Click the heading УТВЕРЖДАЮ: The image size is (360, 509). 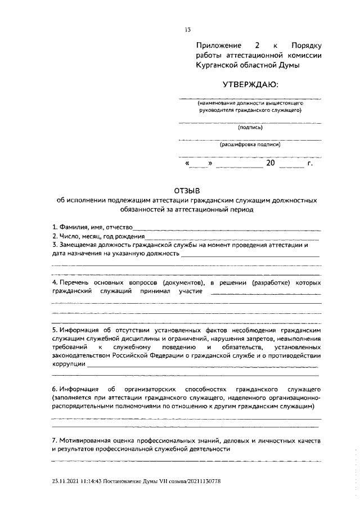250,85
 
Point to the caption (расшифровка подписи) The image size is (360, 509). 250,145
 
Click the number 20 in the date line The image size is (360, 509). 271,164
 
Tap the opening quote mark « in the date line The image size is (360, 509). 187,164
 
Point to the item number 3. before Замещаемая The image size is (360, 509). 55,245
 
